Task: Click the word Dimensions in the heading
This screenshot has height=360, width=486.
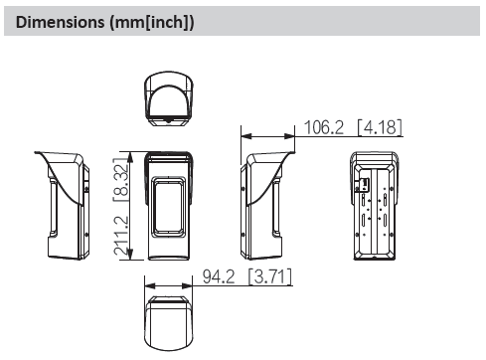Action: [55, 22]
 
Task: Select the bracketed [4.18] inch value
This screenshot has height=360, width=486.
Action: [380, 126]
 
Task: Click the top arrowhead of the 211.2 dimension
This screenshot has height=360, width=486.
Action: [131, 153]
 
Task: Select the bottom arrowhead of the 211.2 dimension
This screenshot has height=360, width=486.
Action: [131, 263]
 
